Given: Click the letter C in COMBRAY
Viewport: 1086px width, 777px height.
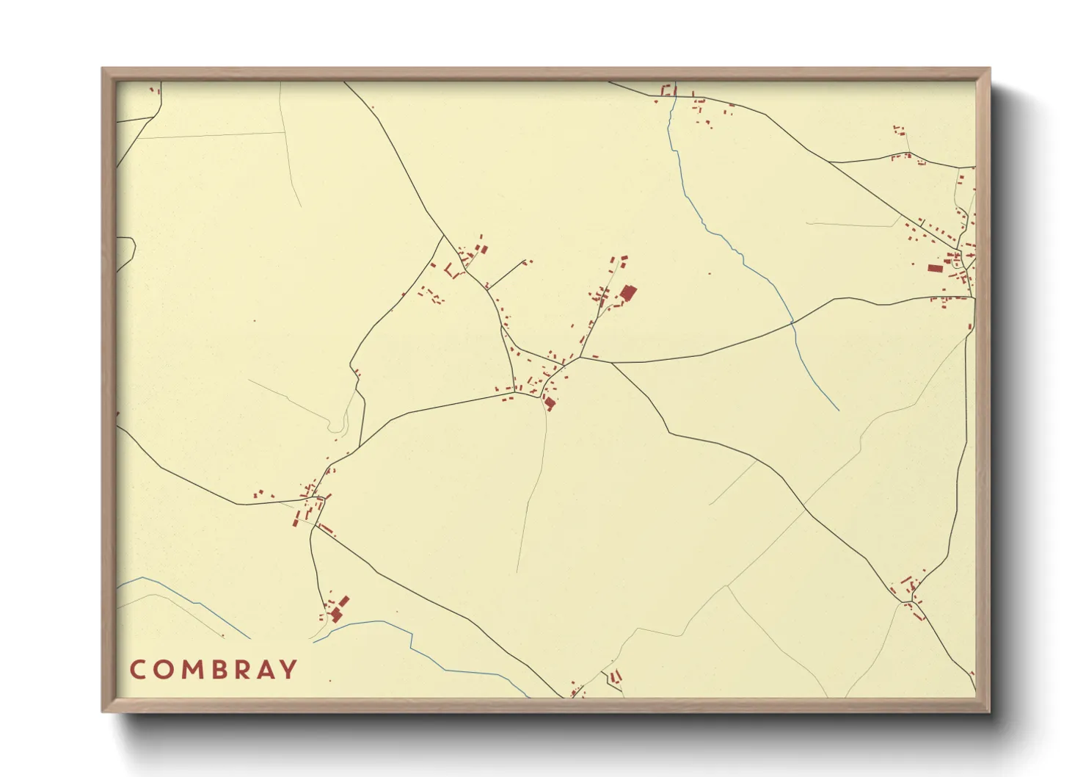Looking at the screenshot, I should [x=138, y=670].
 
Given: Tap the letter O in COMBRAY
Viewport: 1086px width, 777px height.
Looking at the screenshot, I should [x=164, y=670].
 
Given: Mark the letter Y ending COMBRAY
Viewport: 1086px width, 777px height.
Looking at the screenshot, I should [x=290, y=670].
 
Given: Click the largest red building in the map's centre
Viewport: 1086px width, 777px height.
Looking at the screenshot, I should [x=627, y=293].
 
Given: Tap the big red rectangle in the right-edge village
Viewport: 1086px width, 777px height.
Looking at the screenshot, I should [x=934, y=268].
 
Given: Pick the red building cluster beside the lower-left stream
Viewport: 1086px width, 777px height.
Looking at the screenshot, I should [x=338, y=610].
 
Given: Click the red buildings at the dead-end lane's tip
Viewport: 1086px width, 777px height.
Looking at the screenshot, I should [x=526, y=261].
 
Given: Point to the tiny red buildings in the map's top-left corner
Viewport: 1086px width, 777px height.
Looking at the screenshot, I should [x=154, y=90].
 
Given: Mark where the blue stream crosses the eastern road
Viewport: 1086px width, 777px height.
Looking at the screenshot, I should [x=792, y=322].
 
